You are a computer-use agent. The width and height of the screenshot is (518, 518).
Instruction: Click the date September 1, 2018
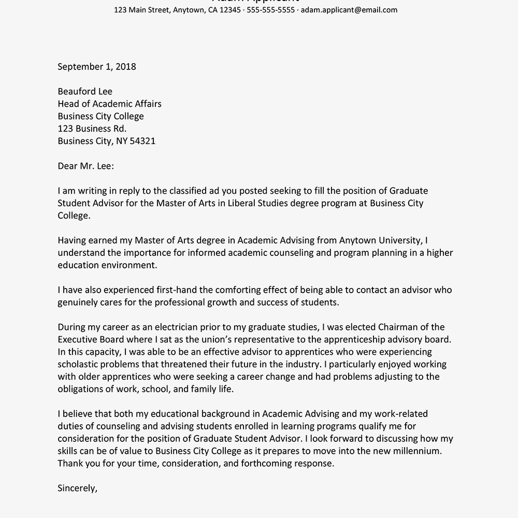(x=97, y=66)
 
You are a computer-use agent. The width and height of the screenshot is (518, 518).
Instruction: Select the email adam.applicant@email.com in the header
(x=349, y=10)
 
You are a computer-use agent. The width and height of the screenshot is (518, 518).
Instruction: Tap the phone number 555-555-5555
(x=271, y=10)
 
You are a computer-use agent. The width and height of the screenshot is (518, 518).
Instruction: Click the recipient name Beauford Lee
(x=85, y=91)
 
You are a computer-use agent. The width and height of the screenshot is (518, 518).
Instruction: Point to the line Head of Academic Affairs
(x=109, y=104)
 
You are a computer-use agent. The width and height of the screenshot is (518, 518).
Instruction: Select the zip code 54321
(x=142, y=141)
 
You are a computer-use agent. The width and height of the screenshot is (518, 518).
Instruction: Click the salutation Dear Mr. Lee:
(x=85, y=166)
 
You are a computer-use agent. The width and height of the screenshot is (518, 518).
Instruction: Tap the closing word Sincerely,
(x=77, y=488)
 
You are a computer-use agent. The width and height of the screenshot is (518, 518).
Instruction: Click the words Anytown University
(x=381, y=240)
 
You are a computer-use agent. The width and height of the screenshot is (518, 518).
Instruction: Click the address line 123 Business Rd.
(x=92, y=128)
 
